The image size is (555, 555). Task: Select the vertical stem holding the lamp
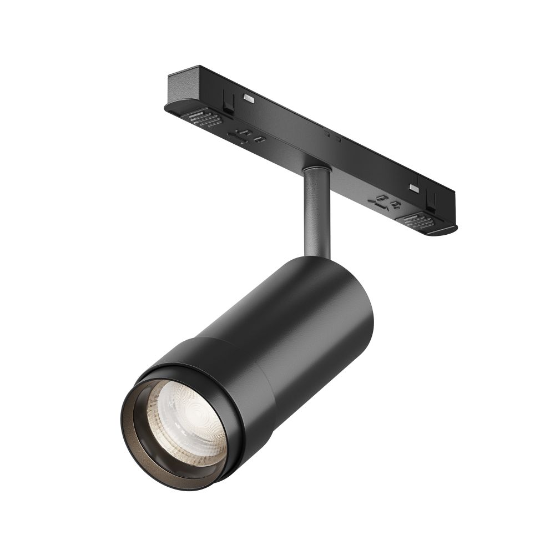pos(317,214)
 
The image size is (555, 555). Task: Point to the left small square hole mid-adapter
pos(327,133)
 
